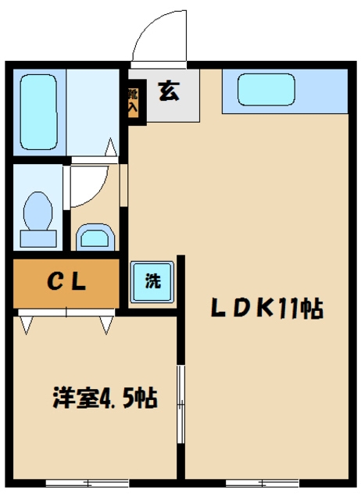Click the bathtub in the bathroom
tap(38, 112)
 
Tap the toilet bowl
tap(38, 210)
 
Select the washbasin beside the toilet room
tap(95, 237)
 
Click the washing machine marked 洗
tap(152, 281)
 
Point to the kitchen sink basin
tap(266, 89)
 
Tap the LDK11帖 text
tap(267, 308)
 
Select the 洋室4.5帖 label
tap(105, 398)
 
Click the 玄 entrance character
tap(169, 91)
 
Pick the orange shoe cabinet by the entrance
tap(133, 102)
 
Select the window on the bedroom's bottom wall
tap(87, 483)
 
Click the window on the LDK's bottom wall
tap(262, 483)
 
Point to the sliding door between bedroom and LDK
tap(180, 405)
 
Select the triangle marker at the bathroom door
tap(111, 147)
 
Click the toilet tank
tap(38, 238)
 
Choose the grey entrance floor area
tap(172, 95)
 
